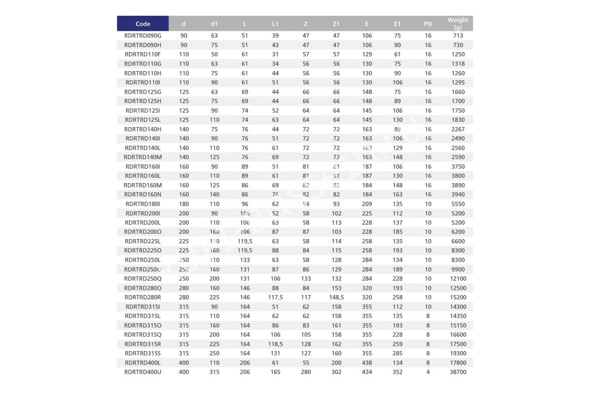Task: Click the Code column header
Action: click(x=143, y=24)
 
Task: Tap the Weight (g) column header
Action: click(x=458, y=24)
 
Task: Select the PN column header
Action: click(x=428, y=24)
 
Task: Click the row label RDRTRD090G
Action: click(x=143, y=36)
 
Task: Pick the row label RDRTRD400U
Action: click(x=143, y=372)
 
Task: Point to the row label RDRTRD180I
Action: click(x=143, y=204)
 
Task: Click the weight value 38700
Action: click(x=458, y=372)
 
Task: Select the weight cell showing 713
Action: click(x=458, y=36)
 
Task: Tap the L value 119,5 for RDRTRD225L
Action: click(x=245, y=241)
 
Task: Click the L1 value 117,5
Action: click(x=275, y=297)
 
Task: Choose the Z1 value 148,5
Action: click(x=336, y=297)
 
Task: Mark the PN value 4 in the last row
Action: click(x=428, y=372)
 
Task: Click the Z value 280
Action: click(x=306, y=372)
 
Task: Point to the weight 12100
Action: click(x=458, y=279)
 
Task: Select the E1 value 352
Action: click(x=397, y=372)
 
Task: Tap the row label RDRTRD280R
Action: click(x=143, y=297)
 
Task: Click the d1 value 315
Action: click(x=214, y=372)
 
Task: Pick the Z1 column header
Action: click(x=336, y=24)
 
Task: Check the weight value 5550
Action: click(x=458, y=204)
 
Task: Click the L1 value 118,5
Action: click(x=275, y=344)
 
